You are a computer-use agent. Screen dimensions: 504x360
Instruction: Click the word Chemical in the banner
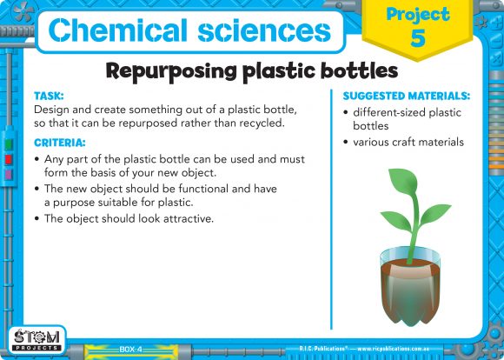[x=117, y=30]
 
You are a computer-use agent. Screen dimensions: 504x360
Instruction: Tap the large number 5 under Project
[x=418, y=38]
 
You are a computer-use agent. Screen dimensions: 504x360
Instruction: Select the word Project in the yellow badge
[x=418, y=15]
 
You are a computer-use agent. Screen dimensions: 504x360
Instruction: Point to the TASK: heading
[x=49, y=96]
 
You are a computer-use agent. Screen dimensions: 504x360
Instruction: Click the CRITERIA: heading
[x=60, y=143]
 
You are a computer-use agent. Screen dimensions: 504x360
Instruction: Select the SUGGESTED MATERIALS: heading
[x=407, y=96]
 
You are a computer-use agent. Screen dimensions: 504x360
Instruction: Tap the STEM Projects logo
[x=36, y=340]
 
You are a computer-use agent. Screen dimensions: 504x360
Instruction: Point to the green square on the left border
[x=9, y=144]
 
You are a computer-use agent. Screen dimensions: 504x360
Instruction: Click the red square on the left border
[x=9, y=159]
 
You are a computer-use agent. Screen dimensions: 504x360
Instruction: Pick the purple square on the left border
[x=9, y=175]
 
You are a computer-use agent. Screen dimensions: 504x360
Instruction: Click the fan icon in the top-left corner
[x=23, y=12]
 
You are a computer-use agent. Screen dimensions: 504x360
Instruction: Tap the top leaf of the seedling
[x=402, y=181]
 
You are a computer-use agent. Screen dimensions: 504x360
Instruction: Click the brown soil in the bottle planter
[x=409, y=268]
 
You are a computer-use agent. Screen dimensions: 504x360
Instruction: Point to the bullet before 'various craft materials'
[x=346, y=143]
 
